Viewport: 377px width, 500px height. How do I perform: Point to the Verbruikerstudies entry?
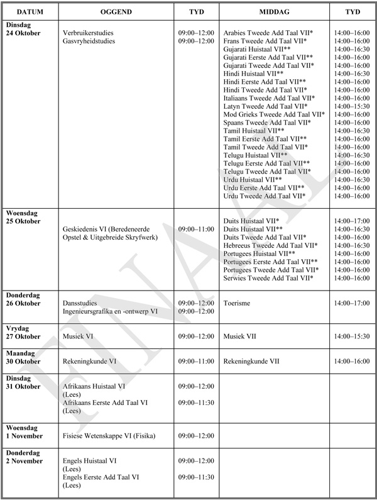click(x=88, y=32)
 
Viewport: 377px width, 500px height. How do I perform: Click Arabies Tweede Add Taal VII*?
click(x=268, y=32)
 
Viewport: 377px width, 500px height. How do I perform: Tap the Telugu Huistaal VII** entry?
click(x=256, y=155)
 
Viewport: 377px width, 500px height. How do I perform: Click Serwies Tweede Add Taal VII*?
click(x=268, y=278)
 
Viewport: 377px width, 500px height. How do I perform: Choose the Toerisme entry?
click(x=236, y=303)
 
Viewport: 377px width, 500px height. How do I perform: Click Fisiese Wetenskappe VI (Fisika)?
click(x=109, y=436)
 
